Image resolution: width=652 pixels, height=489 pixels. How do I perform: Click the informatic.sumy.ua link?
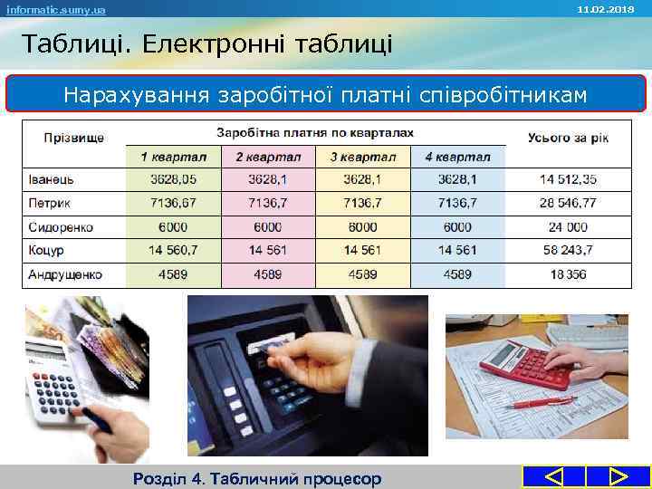(x=55, y=9)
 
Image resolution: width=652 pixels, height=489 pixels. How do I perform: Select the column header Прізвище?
(x=73, y=138)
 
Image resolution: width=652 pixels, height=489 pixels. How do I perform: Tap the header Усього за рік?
(x=568, y=138)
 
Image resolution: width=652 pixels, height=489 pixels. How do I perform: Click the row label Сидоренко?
(x=61, y=227)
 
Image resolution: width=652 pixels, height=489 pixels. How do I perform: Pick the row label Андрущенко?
(x=65, y=274)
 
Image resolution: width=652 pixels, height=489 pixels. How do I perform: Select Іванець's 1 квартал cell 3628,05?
(x=173, y=179)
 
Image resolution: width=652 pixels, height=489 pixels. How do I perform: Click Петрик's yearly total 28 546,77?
(x=568, y=204)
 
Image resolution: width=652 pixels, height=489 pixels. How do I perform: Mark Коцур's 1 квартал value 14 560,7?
(x=173, y=251)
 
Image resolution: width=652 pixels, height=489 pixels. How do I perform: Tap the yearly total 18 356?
(x=568, y=274)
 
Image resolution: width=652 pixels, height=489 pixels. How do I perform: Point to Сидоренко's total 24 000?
(x=568, y=227)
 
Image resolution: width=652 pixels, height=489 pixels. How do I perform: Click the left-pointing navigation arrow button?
(x=553, y=476)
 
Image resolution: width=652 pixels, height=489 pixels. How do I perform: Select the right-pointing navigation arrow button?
(x=618, y=476)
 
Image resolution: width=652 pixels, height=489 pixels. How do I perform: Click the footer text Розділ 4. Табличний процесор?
(x=256, y=478)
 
